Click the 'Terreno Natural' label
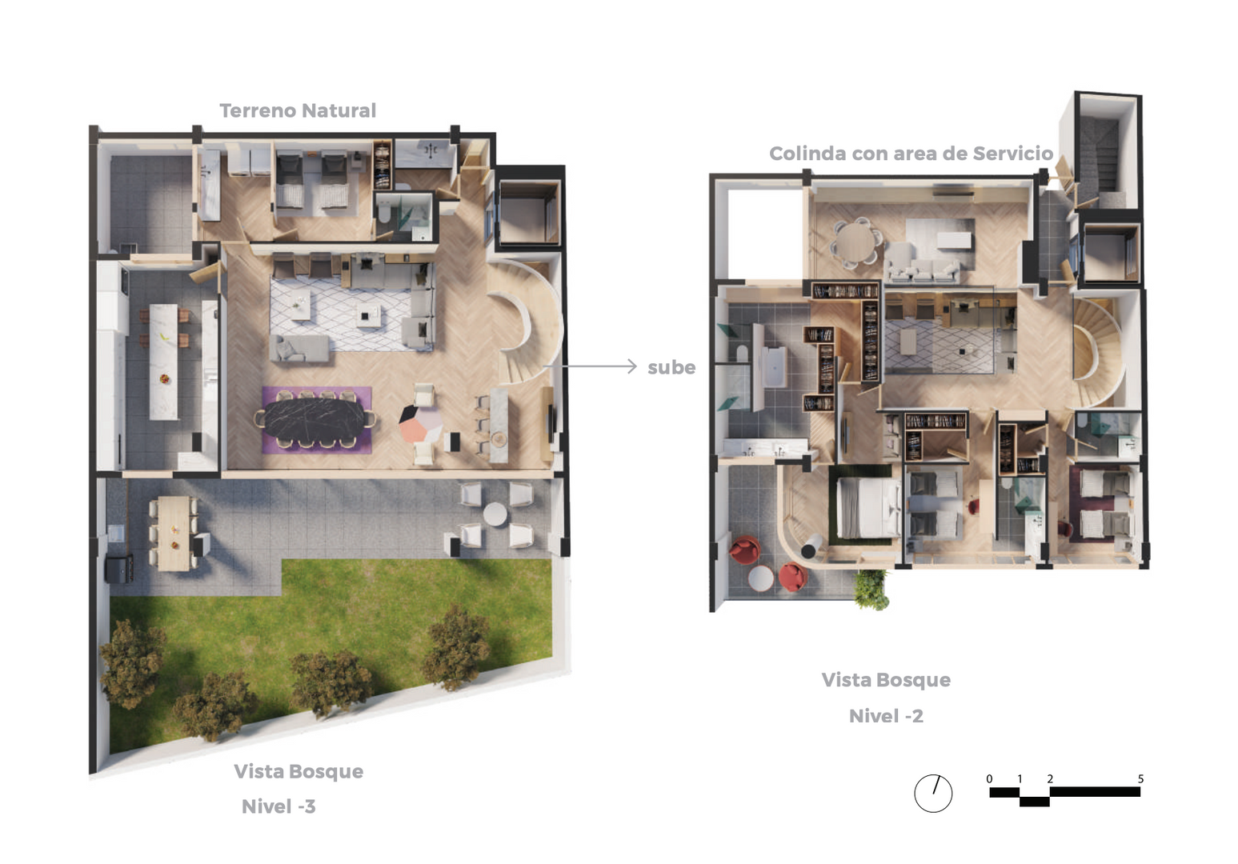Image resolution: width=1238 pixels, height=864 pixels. pos(298,110)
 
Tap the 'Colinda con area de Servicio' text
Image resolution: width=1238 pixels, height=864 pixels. pos(911,153)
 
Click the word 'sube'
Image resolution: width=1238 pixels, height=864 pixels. pos(671,367)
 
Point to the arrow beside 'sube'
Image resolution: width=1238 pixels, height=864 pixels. pos(591,366)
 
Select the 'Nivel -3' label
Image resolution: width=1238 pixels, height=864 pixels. pos(278,806)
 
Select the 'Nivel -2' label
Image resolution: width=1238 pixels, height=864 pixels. pos(886,716)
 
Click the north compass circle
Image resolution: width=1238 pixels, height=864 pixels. pos(933,794)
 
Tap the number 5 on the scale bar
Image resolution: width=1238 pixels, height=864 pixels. pos(1140,779)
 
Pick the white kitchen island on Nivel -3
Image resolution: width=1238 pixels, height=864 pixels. pos(164,362)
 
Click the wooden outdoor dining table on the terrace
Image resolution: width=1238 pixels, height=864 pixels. pos(174,533)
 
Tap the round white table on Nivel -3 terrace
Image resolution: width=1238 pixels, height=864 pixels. pos(495,514)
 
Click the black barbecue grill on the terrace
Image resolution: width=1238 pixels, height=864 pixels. pos(119,570)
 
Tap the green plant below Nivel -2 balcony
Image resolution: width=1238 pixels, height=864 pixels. pos(871,590)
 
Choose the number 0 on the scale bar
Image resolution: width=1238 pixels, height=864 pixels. pos(989,779)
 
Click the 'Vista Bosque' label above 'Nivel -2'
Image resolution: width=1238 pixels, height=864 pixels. pos(886,680)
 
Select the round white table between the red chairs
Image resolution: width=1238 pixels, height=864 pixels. pos(761,578)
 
